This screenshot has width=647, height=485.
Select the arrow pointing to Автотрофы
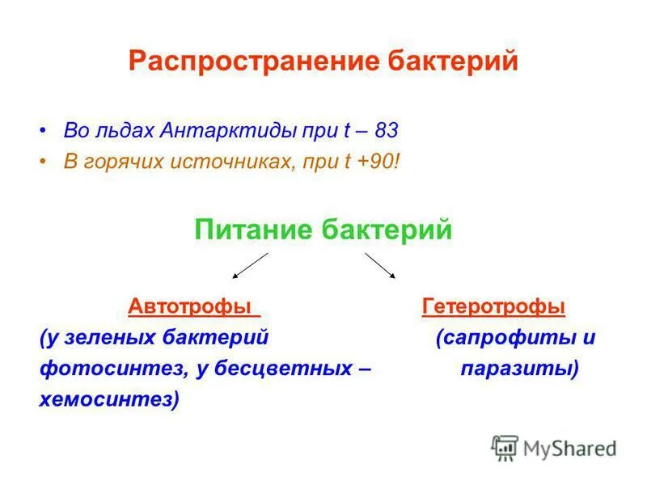point(250,265)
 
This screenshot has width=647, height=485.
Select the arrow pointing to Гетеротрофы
point(380,265)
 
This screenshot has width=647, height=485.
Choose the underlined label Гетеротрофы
point(493,307)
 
